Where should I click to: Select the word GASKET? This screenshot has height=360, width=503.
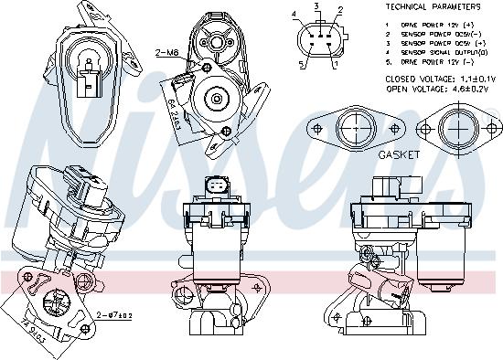tap(400, 155)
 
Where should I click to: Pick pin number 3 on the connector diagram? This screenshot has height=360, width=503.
tap(316, 6)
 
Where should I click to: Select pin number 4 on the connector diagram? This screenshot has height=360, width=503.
tap(294, 16)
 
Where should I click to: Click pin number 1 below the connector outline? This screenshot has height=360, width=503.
tap(335, 65)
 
